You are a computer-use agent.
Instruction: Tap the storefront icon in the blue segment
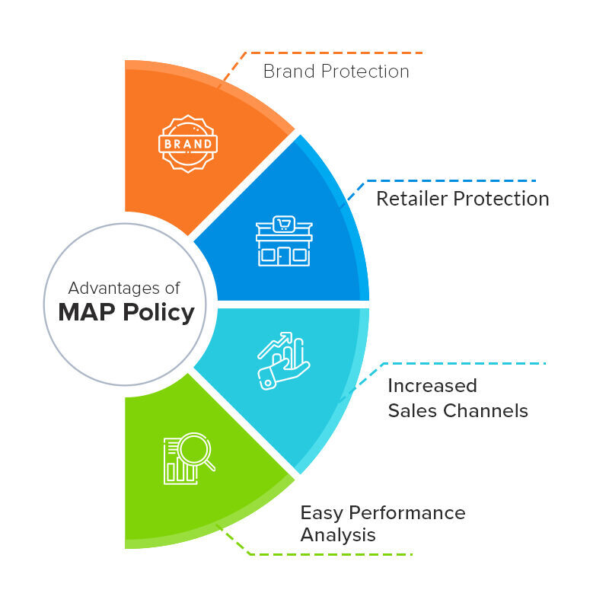pos(283,241)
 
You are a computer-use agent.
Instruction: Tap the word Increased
pos(432,385)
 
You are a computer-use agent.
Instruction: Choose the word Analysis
pos(338,535)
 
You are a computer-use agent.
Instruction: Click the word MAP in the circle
pos(88,312)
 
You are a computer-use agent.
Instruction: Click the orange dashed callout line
pos(335,53)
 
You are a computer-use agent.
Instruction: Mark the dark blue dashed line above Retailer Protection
pos(449,181)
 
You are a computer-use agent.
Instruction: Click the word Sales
pos(413,411)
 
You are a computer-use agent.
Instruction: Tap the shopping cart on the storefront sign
pos(283,224)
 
